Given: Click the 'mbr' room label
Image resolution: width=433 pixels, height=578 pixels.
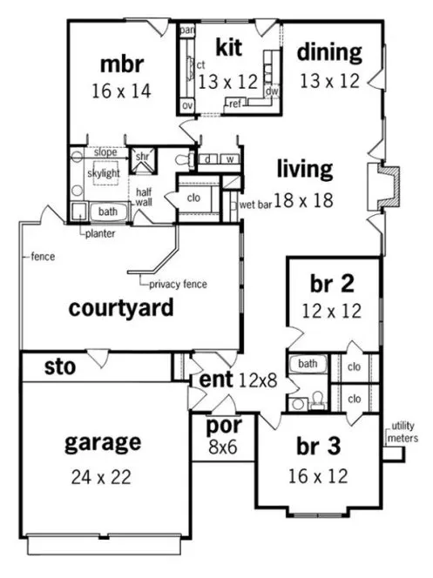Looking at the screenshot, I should pyautogui.click(x=121, y=64).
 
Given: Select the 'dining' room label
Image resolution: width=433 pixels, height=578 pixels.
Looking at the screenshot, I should pyautogui.click(x=328, y=52).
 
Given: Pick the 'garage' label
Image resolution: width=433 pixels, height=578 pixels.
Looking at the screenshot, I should pyautogui.click(x=103, y=442).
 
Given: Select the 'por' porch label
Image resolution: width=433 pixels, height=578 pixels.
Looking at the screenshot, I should pyautogui.click(x=223, y=427).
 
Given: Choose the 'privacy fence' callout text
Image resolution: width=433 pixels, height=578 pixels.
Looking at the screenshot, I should pyautogui.click(x=178, y=285).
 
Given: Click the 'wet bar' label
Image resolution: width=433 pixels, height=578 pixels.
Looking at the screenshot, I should pyautogui.click(x=256, y=205).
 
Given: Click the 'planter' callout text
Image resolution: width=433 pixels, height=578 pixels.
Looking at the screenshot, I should pyautogui.click(x=101, y=233).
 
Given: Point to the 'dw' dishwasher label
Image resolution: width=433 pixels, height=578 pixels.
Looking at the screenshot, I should pyautogui.click(x=272, y=91).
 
